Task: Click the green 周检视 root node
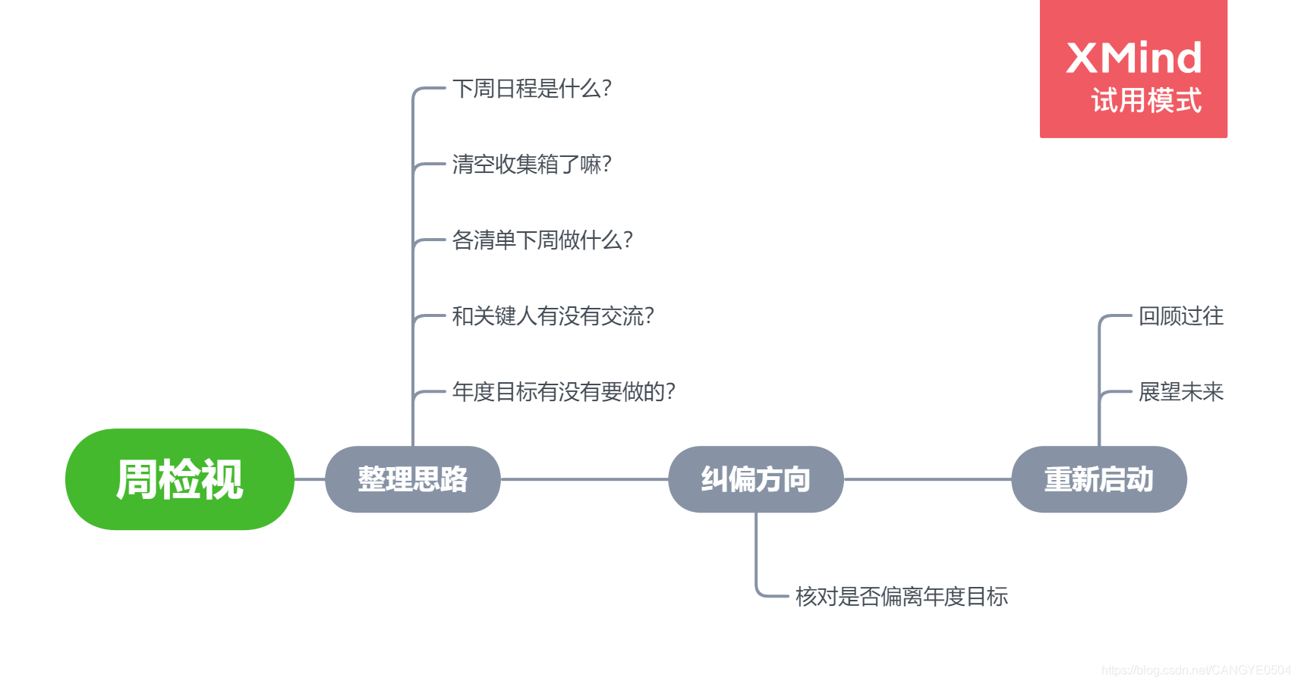[179, 479]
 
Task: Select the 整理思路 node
[412, 479]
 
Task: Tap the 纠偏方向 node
[755, 479]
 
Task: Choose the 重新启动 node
[1098, 479]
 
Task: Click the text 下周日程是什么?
[531, 89]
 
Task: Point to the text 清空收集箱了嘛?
[531, 165]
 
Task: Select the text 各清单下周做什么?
[542, 240]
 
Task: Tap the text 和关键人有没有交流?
[553, 316]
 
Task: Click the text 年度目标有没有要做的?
[563, 392]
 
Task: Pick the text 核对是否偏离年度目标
[901, 597]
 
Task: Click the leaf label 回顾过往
[1180, 316]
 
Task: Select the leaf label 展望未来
[1180, 392]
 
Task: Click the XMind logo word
[1134, 58]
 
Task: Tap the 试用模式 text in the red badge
[1146, 101]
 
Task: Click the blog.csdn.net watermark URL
[1196, 670]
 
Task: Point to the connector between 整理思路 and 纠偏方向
[584, 479]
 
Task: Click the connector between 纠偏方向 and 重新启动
[928, 479]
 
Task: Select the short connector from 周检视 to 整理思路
[310, 479]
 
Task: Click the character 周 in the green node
[137, 479]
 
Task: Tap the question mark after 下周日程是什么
[606, 89]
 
